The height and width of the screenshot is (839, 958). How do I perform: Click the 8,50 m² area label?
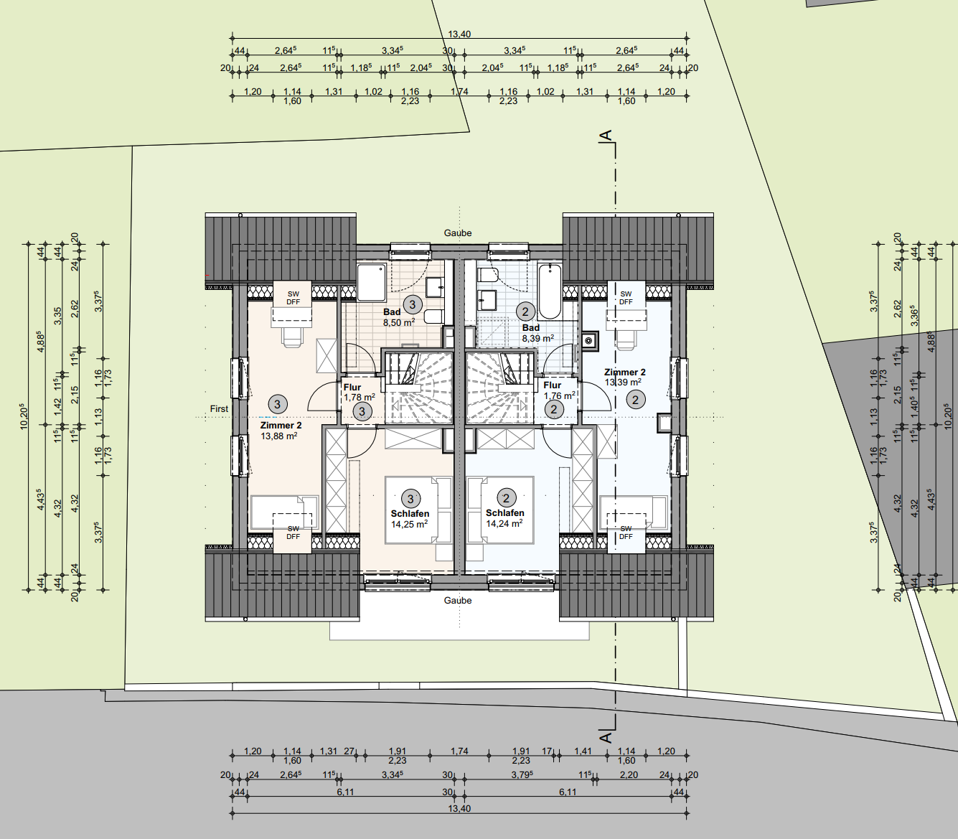[399, 322]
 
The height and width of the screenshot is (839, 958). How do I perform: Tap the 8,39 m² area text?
[538, 338]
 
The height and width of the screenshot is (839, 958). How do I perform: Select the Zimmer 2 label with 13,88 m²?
[281, 425]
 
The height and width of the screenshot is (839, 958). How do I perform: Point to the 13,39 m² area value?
[623, 382]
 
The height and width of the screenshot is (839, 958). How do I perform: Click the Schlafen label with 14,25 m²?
[410, 514]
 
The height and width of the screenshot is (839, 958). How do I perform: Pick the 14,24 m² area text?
[504, 523]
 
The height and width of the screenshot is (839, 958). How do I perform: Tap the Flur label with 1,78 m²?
[352, 387]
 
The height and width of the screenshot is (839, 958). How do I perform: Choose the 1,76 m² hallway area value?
[559, 395]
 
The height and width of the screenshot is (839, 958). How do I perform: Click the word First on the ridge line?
[219, 408]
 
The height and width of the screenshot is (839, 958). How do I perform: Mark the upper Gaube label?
[458, 233]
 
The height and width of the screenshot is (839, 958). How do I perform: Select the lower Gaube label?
[458, 600]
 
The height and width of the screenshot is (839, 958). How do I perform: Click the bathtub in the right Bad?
[550, 291]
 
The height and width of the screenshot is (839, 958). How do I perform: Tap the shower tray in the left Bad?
[371, 282]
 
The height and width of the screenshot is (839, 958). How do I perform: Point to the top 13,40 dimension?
[459, 34]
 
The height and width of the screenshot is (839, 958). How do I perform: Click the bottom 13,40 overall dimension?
[459, 809]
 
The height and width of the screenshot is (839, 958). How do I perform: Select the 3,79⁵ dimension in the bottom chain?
[523, 775]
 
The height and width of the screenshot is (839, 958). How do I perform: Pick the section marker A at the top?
[606, 136]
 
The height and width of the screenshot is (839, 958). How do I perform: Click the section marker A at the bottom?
[606, 738]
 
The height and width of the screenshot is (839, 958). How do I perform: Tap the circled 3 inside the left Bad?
[412, 305]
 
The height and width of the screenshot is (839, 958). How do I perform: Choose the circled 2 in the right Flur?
[554, 410]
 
